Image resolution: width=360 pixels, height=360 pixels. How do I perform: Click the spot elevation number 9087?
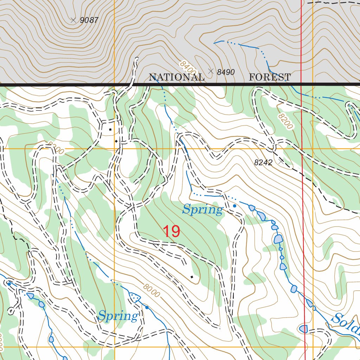(x=89, y=20)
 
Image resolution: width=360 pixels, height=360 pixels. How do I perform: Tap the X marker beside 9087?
(x=73, y=20)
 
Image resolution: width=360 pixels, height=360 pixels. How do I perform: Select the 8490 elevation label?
(x=226, y=72)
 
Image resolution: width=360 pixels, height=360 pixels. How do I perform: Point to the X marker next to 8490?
(x=211, y=71)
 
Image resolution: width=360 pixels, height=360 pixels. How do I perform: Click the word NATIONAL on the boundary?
(x=176, y=77)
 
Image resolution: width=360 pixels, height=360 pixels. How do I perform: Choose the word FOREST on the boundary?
(x=270, y=77)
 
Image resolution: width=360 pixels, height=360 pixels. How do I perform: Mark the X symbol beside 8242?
(x=281, y=161)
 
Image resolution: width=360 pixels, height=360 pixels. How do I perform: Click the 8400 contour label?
(x=187, y=67)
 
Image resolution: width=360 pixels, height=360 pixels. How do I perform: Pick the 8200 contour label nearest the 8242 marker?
(x=285, y=121)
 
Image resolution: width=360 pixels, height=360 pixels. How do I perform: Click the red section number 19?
(x=171, y=231)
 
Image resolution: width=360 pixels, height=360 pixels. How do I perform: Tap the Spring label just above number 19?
(x=202, y=210)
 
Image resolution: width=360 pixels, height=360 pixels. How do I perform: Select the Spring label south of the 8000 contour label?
(x=118, y=316)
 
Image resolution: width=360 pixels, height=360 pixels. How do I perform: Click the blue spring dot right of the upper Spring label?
(x=234, y=206)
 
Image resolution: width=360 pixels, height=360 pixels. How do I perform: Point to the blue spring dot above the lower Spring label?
(x=147, y=308)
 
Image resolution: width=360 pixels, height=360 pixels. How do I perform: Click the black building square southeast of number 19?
(x=192, y=277)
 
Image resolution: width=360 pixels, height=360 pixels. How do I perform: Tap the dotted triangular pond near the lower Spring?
(x=134, y=297)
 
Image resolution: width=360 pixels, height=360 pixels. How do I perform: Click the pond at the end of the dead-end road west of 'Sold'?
(x=303, y=329)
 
